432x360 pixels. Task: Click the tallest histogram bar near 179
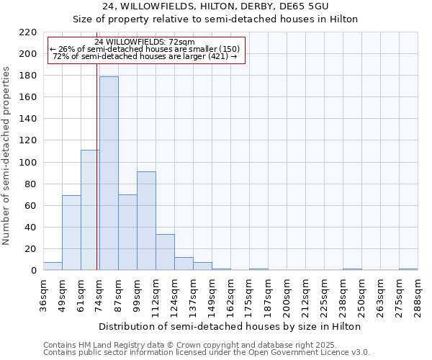coord(109,173)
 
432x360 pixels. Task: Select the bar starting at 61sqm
coord(90,210)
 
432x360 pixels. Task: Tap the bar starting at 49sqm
coord(71,233)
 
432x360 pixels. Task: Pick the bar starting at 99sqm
coord(146,220)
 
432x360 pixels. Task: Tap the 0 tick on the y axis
coord(33,271)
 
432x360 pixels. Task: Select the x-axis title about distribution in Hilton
coord(230,326)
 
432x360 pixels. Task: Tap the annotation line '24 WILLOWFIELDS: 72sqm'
coord(144,42)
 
